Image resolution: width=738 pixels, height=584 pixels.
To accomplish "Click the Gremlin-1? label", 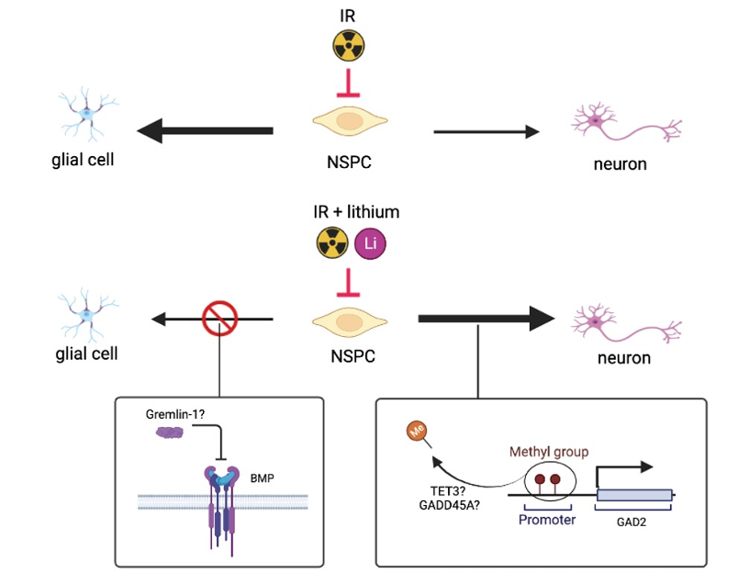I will (174, 414).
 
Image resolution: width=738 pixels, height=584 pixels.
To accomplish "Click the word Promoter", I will (546, 520).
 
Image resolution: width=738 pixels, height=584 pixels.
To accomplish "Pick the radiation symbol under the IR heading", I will (348, 43).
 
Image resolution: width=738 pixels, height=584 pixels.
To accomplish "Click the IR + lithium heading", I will (356, 212).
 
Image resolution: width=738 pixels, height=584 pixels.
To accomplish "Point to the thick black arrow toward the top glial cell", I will (206, 131).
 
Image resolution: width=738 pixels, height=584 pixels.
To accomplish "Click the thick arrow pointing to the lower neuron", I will (486, 319).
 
